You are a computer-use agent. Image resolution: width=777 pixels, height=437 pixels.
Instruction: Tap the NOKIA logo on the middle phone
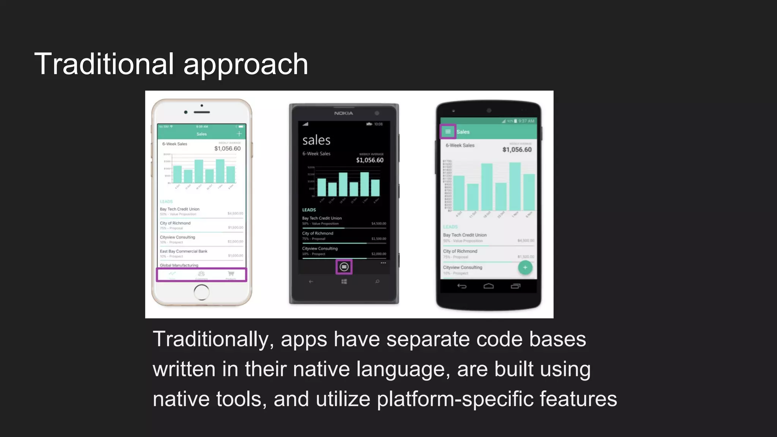344,113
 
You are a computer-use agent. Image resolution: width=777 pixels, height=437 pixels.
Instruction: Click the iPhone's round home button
201,292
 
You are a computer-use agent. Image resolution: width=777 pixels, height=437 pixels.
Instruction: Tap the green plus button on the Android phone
525,267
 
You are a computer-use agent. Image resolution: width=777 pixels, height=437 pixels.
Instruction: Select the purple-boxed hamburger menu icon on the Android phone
448,132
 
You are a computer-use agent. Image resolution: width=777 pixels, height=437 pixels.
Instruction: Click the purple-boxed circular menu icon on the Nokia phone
344,267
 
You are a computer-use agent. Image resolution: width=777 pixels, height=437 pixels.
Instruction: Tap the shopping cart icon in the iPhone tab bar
231,273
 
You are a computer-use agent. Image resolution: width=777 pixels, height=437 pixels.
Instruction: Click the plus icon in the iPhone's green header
239,134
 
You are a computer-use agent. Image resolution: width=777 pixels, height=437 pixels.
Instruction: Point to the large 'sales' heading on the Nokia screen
316,140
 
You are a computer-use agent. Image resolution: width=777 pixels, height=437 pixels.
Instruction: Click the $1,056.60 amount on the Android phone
517,149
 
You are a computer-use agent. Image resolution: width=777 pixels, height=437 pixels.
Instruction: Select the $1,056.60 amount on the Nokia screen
370,160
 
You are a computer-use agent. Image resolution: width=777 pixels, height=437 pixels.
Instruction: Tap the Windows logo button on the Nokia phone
344,281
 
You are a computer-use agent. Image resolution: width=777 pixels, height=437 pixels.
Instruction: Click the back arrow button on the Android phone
462,286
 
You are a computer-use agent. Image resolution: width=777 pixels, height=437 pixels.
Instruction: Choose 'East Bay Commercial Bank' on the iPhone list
184,251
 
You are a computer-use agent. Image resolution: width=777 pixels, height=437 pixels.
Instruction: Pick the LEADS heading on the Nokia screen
309,210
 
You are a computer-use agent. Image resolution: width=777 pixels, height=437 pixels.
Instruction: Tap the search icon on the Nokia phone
377,281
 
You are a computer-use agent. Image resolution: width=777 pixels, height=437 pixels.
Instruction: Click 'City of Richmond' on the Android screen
460,251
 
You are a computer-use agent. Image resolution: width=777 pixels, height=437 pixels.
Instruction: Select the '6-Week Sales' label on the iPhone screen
175,144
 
